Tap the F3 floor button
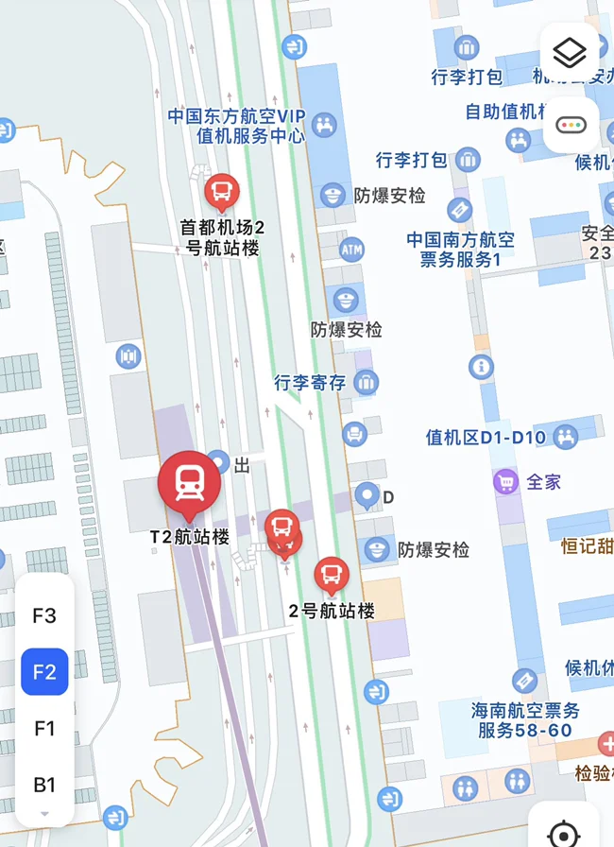(44, 615)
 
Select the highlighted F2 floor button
(44, 672)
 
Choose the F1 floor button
(44, 728)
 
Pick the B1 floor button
(44, 785)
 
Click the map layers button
(570, 53)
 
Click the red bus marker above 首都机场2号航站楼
(221, 193)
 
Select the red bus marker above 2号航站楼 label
(331, 573)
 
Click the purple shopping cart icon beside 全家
(506, 482)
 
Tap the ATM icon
(351, 251)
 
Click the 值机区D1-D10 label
(486, 438)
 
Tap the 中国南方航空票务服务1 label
(461, 249)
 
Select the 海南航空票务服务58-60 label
(525, 720)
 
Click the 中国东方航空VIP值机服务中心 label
(236, 125)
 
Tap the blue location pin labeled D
(367, 493)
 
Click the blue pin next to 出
(219, 462)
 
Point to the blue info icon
(481, 366)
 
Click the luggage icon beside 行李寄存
(364, 383)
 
